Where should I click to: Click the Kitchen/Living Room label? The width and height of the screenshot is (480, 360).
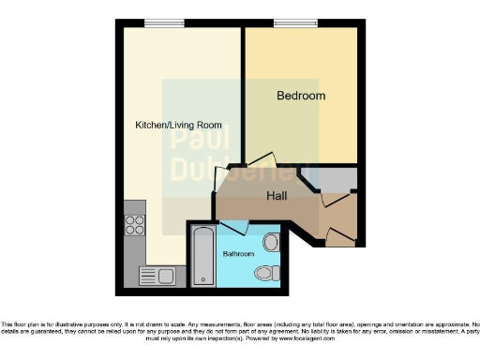[x=178, y=125]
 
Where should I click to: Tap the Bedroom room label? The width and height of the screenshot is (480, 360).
[x=301, y=96]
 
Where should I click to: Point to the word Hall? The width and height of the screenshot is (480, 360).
[x=277, y=197]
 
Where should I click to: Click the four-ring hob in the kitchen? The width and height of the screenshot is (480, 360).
[x=134, y=225]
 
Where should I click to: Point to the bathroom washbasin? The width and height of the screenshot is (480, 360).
[x=271, y=243]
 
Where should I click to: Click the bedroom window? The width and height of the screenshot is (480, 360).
[x=288, y=23]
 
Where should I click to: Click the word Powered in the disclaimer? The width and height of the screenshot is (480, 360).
[x=247, y=337]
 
